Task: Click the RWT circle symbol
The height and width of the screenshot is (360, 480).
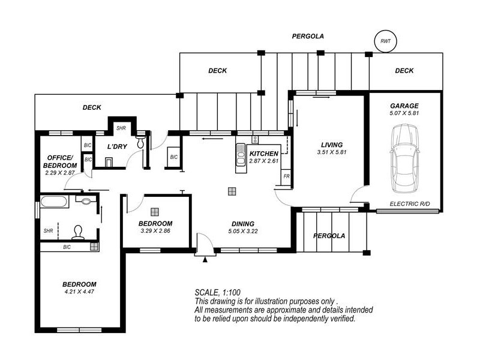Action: (386, 41)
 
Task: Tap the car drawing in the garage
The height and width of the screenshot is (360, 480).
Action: (404, 158)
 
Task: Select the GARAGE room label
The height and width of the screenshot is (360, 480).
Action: (404, 106)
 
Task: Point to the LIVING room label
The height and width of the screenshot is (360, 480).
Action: (332, 145)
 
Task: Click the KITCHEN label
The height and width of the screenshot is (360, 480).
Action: (263, 154)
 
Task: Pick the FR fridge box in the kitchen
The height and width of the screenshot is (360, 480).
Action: (286, 176)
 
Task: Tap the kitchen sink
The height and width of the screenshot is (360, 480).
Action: (241, 158)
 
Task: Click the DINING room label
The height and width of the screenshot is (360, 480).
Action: (243, 224)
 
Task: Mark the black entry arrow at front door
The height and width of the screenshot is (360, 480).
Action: (205, 260)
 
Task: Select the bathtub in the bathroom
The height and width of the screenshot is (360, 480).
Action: (53, 202)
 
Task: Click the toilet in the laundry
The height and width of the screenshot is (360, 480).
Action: (140, 142)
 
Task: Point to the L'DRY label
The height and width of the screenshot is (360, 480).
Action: (117, 146)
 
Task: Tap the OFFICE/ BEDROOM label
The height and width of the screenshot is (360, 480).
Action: (60, 161)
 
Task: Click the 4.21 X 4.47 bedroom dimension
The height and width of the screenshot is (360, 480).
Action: (79, 292)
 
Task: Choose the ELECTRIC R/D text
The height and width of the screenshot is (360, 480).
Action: (410, 204)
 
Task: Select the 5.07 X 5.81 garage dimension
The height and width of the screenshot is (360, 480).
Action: (404, 113)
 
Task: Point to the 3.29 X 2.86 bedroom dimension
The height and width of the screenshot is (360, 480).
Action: (155, 231)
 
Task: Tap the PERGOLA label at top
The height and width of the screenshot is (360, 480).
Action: (308, 36)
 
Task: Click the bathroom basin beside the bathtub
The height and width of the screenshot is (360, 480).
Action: (86, 200)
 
